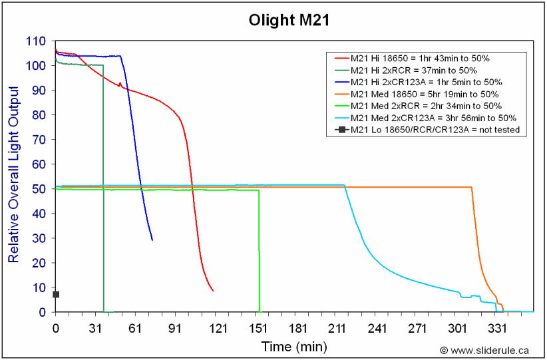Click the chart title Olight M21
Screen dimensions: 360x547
coord(275,20)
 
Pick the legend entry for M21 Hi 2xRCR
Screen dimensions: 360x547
coord(413,70)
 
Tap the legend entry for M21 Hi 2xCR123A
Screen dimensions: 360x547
coord(425,82)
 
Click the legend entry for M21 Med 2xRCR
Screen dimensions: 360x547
coord(425,106)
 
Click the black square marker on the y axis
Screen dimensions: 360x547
coord(56,294)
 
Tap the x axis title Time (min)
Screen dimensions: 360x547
coord(294,346)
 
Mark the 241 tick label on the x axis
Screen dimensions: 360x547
coord(377,328)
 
